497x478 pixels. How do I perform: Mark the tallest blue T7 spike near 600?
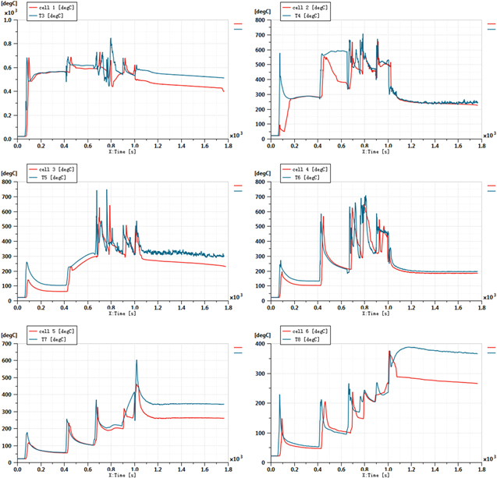[137, 360]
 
